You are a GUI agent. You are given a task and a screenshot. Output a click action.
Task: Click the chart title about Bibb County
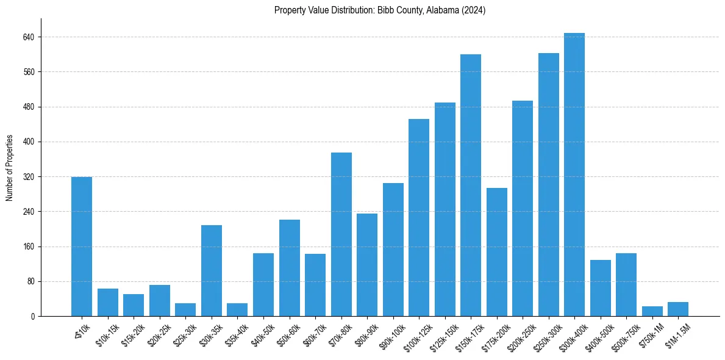[380, 10]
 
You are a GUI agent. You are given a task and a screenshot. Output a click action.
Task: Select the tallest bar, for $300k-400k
[574, 175]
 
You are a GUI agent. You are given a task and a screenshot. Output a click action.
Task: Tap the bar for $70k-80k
[341, 234]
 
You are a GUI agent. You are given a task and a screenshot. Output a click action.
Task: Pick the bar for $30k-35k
[212, 270]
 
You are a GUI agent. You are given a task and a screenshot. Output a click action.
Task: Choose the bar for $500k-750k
[626, 284]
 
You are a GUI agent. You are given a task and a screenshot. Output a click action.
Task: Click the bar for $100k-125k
[419, 217]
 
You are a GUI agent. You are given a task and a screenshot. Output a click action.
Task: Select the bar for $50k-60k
[290, 268]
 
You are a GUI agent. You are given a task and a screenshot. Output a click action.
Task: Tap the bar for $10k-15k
[108, 303]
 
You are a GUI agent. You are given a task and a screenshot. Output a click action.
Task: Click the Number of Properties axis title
[10, 168]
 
